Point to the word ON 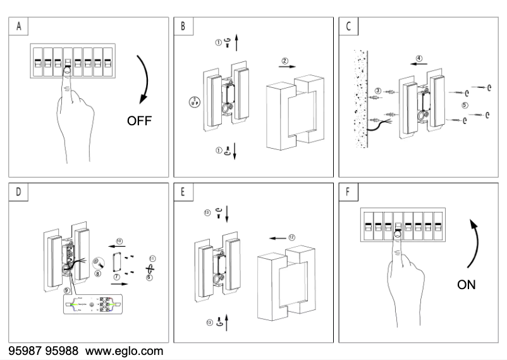point(467,285)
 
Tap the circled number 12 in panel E point(291,238)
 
